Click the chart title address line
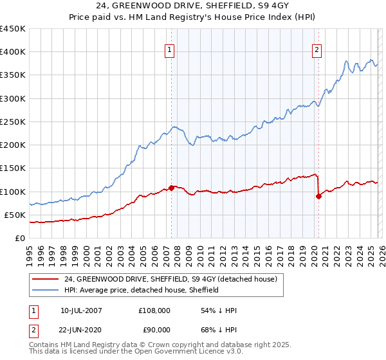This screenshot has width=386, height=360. tap(193, 6)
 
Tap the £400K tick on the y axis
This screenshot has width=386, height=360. tap(13, 52)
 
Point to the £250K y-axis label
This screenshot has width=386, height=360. tap(13, 122)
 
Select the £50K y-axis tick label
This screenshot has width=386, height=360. tap(15, 215)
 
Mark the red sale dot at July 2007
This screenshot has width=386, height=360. tap(172, 188)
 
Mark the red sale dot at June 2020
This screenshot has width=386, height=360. tap(318, 196)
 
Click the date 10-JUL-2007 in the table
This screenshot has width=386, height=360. tap(81, 310)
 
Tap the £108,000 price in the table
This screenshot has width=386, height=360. tap(154, 310)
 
